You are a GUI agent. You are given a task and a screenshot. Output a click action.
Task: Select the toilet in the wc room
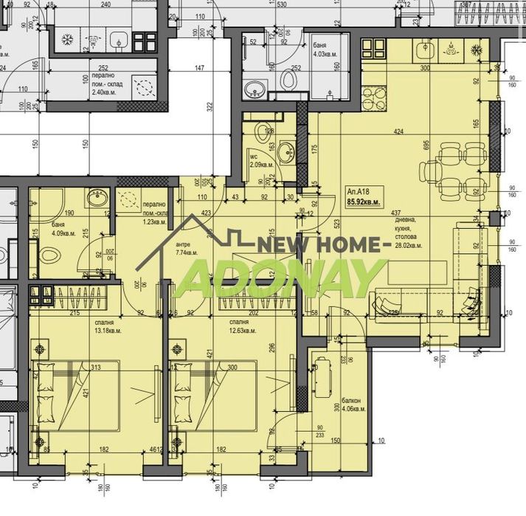(x=263, y=134)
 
